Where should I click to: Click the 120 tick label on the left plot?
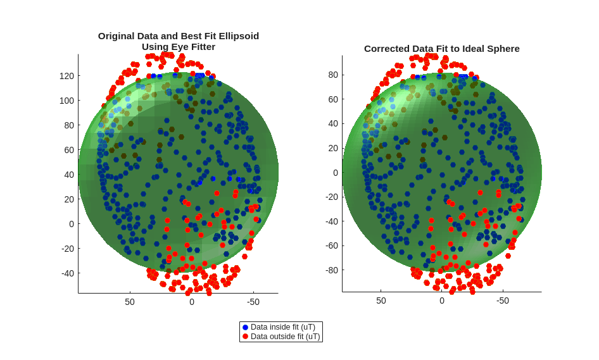pos(66,76)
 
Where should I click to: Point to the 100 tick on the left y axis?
pos(66,101)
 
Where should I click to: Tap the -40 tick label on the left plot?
pos(66,273)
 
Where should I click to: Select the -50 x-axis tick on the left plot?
pos(253,302)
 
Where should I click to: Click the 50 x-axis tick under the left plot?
pos(130,302)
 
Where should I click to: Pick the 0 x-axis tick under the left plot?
pos(192,302)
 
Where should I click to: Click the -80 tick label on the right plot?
pos(331,270)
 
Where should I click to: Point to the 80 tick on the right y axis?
pos(332,75)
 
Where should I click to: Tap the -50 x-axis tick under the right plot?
pos(502,301)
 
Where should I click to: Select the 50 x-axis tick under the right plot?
pos(381,301)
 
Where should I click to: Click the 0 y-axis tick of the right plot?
pos(336,173)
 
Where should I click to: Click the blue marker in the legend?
pos(246,327)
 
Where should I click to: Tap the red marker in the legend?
pos(246,337)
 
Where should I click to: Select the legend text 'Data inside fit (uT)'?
pos(282,327)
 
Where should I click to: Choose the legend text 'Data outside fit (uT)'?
pos(285,337)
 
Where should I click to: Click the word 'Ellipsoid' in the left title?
pos(236,36)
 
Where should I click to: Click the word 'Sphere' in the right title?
pos(503,49)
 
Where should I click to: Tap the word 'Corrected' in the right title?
pos(386,49)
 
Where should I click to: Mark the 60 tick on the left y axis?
pos(69,150)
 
